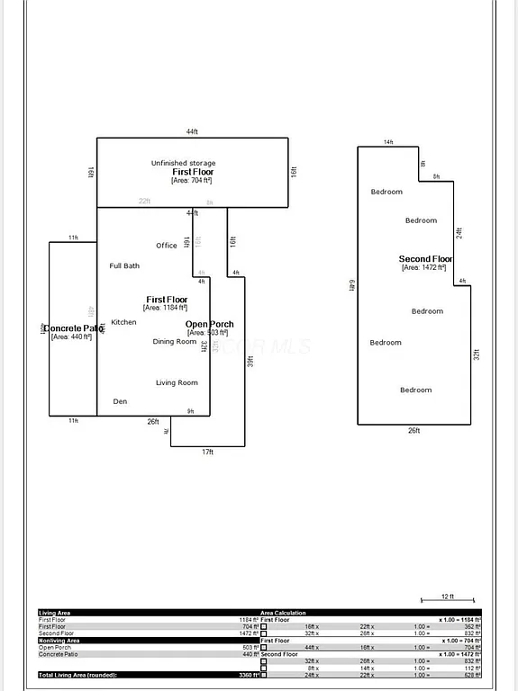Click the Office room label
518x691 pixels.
(167, 246)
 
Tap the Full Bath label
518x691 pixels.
(124, 265)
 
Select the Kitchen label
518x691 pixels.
(123, 322)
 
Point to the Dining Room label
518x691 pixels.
(174, 341)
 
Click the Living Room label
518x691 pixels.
(177, 382)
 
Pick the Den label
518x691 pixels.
(120, 401)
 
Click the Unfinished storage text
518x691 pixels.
(183, 163)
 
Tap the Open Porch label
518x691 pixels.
(209, 324)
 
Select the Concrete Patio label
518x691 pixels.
(73, 328)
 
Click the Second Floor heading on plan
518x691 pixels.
(426, 259)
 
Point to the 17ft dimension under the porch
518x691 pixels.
(207, 452)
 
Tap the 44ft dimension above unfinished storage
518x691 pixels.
(192, 132)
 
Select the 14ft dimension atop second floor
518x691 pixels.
(388, 142)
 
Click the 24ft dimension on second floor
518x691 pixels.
(458, 231)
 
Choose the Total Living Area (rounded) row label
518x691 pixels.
(77, 675)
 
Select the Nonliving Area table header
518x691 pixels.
(59, 640)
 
